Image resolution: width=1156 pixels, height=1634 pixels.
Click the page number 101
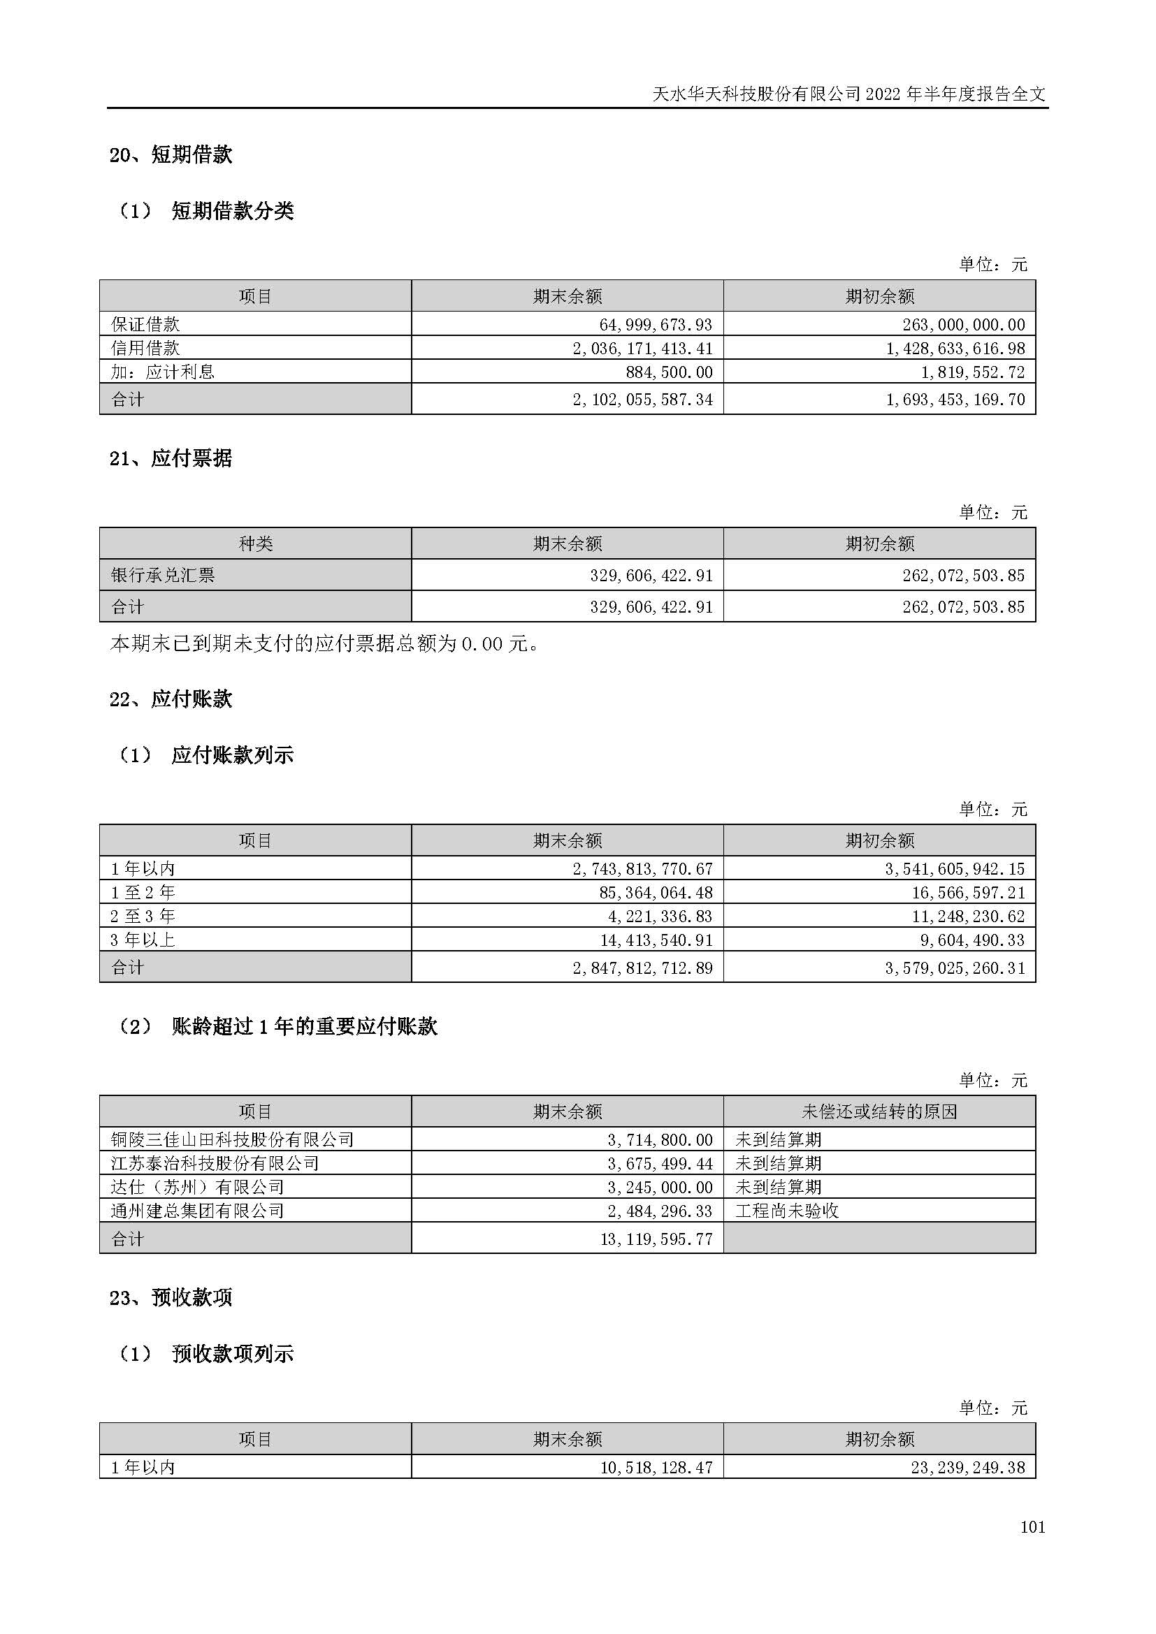tap(1032, 1526)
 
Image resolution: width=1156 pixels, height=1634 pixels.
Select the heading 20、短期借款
tap(171, 154)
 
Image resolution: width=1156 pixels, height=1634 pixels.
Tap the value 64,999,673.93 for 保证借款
tap(656, 325)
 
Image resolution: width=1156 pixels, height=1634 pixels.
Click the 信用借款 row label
tap(145, 348)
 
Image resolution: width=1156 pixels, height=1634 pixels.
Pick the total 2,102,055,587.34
tap(642, 400)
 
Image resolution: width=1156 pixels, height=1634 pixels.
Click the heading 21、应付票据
tap(171, 458)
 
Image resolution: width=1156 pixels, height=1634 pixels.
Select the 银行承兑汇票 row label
tap(163, 575)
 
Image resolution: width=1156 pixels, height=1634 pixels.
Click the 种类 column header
tap(256, 544)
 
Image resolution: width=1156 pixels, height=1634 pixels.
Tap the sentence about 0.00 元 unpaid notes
tap(324, 643)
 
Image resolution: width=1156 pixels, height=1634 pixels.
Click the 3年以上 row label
tap(143, 940)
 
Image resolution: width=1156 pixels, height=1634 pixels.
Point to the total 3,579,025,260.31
tap(955, 968)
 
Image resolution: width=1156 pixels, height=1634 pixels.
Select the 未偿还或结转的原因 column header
tap(879, 1111)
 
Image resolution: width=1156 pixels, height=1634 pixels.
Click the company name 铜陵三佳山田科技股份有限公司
tap(232, 1139)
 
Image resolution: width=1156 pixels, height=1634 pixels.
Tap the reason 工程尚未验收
tap(786, 1211)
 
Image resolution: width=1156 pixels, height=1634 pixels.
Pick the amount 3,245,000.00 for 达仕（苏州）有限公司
tap(660, 1187)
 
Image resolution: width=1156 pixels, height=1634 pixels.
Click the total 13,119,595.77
tap(656, 1239)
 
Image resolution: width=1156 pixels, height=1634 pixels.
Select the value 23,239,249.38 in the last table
tap(967, 1468)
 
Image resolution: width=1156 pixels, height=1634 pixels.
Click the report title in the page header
tap(849, 94)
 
